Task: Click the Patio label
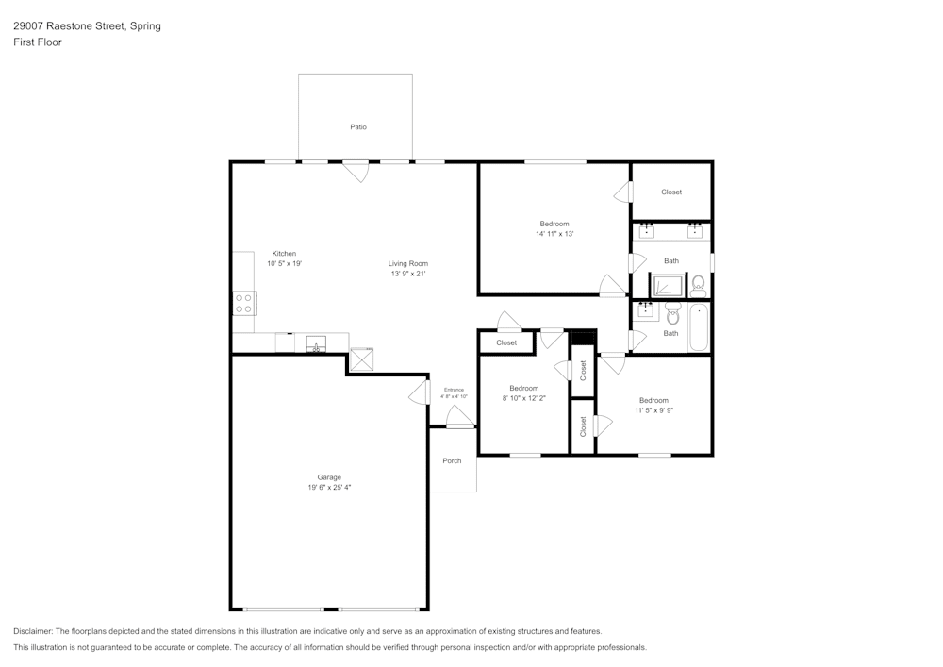[358, 126]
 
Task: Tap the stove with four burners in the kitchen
[243, 303]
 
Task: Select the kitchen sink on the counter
[316, 343]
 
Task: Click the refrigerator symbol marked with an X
[362, 360]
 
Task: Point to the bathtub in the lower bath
[698, 326]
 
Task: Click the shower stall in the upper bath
[669, 285]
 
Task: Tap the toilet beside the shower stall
[699, 284]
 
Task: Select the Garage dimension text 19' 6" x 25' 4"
[329, 487]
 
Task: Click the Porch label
[452, 460]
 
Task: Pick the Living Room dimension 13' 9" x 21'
[408, 274]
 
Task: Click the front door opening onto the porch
[459, 416]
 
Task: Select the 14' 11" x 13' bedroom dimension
[554, 233]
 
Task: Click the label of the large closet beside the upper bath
[671, 192]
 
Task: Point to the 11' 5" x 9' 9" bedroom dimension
[653, 409]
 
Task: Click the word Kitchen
[284, 253]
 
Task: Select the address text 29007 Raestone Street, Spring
[87, 26]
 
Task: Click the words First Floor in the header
[38, 42]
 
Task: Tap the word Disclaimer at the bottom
[33, 630]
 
